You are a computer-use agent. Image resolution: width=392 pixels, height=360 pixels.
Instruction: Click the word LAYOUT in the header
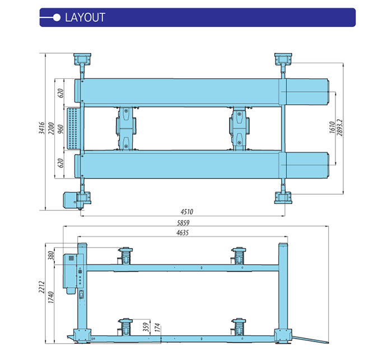pos(85,17)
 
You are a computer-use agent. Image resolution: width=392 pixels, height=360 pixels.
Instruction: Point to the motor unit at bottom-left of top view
pos(69,199)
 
